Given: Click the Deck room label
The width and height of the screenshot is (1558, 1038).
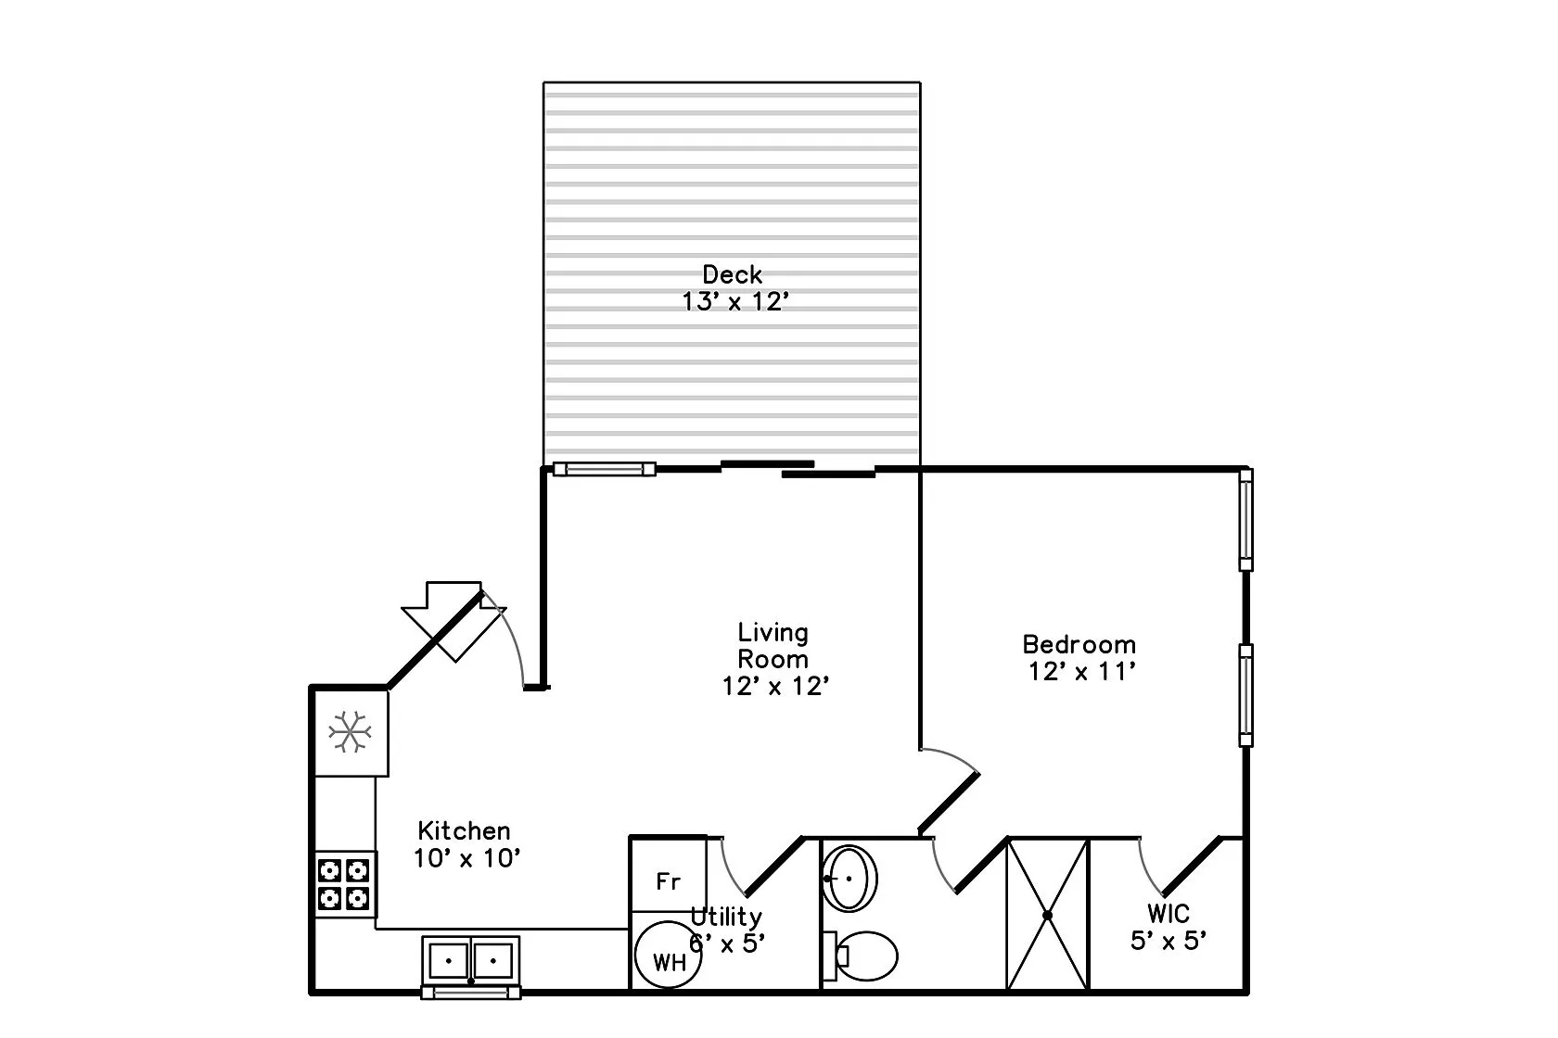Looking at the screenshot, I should [x=732, y=274].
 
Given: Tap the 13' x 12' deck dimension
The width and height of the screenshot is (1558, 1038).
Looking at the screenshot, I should [x=735, y=302].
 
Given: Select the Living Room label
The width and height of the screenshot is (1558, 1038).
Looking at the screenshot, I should [x=773, y=646].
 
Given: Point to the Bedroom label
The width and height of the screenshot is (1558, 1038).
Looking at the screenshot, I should [x=1079, y=644].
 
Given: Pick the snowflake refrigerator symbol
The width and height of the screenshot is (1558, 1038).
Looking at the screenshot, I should [x=351, y=732].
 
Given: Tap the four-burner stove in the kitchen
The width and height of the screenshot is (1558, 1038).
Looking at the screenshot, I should [x=344, y=884].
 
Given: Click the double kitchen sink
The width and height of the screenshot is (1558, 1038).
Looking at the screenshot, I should [x=471, y=959].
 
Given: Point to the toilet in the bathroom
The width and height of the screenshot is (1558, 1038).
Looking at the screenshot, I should [x=862, y=954].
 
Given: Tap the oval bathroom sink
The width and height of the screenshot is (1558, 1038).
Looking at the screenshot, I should [x=849, y=877].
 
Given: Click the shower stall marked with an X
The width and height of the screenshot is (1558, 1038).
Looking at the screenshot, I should [x=1047, y=915].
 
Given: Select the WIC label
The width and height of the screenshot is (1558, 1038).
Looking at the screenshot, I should [x=1168, y=914].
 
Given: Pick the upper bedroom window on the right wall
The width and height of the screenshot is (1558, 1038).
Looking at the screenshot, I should [x=1245, y=519].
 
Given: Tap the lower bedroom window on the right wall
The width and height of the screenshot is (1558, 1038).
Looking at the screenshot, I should [x=1245, y=695].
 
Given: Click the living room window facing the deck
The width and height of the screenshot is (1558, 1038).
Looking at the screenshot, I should [x=604, y=469].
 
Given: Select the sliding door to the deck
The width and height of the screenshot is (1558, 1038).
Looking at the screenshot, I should [x=798, y=469].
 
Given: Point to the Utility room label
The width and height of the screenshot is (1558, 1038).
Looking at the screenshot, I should [x=727, y=917].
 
